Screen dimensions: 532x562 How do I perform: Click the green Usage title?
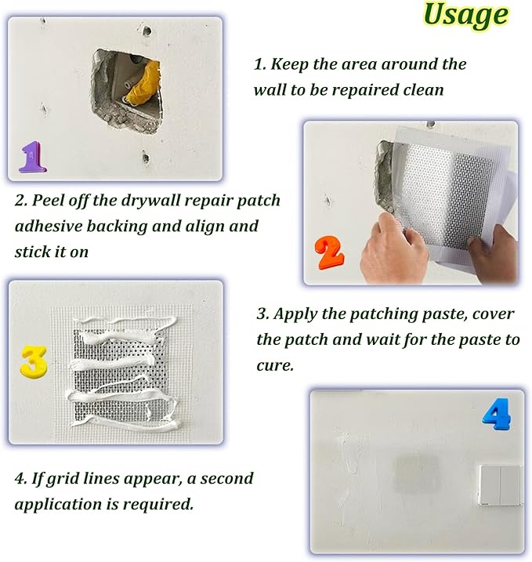pyautogui.click(x=465, y=16)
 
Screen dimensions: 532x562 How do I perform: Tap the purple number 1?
pyautogui.click(x=33, y=157)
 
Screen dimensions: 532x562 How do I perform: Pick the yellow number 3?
pyautogui.click(x=34, y=361)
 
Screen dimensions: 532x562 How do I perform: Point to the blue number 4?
pyautogui.click(x=496, y=415)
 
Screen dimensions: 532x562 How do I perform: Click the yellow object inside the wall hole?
pyautogui.click(x=144, y=84)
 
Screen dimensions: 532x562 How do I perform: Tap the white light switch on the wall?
pyautogui.click(x=501, y=485)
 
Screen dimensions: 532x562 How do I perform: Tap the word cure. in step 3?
pyautogui.click(x=275, y=366)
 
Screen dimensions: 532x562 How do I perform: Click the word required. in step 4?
pyautogui.click(x=158, y=505)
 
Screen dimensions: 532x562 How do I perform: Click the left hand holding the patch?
pyautogui.click(x=393, y=248)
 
